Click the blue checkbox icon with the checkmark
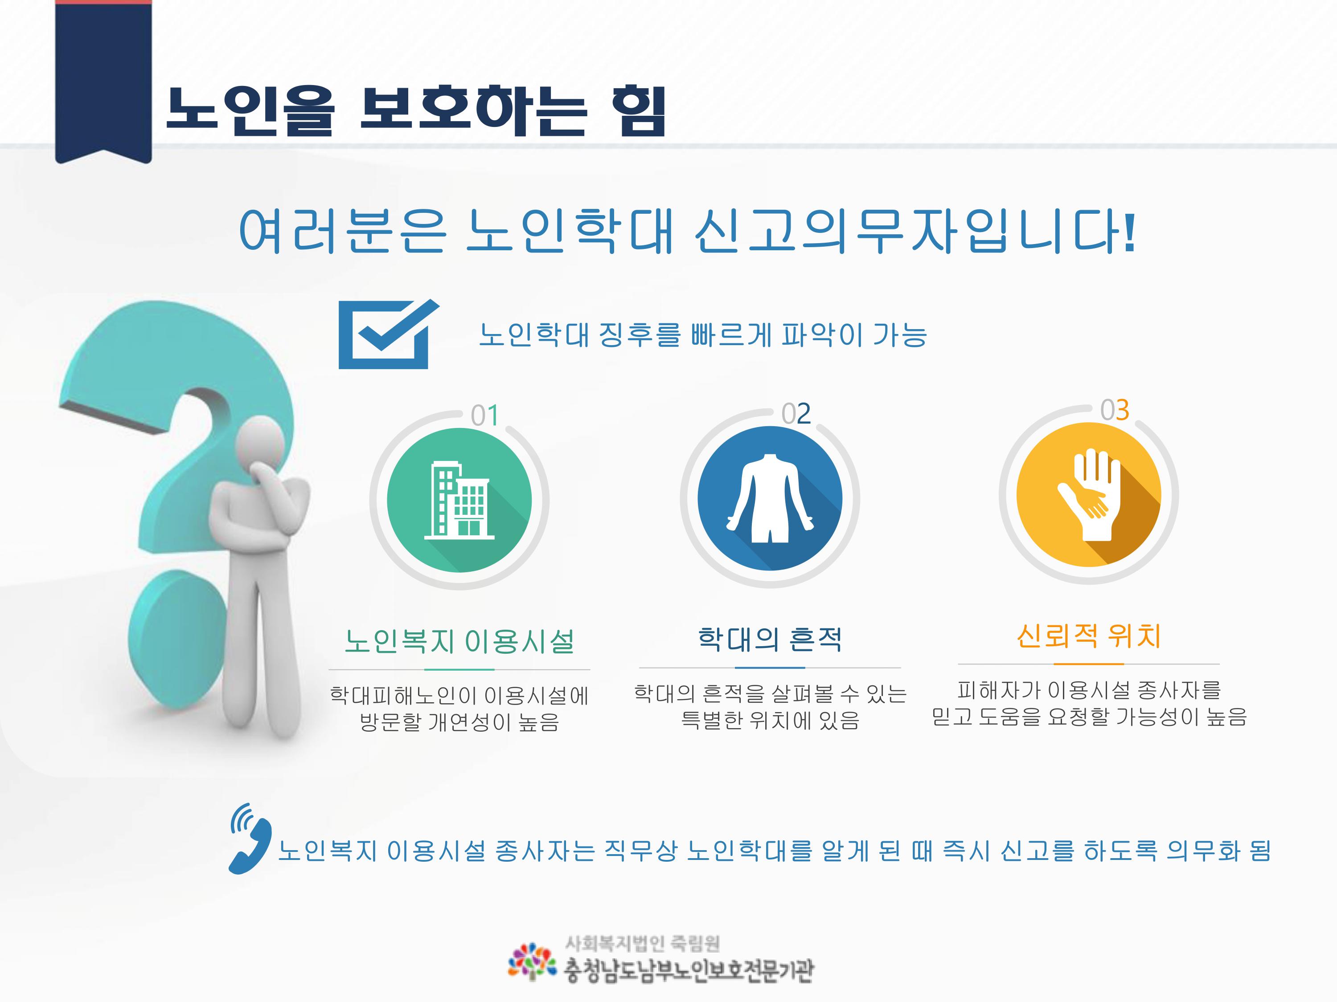tap(387, 334)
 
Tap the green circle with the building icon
tap(459, 500)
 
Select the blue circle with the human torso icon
tap(770, 498)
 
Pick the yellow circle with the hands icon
tap(1089, 495)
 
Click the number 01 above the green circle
tap(485, 415)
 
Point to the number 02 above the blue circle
tap(796, 414)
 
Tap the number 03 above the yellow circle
tap(1115, 410)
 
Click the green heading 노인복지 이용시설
tap(459, 641)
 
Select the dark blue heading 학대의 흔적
tap(770, 639)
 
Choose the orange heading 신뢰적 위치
tap(1089, 635)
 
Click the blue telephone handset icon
tap(250, 838)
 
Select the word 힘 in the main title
tap(638, 110)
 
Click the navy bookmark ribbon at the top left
tap(103, 81)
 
